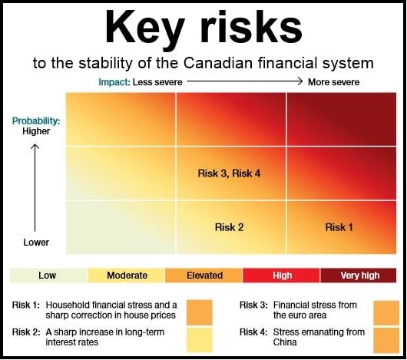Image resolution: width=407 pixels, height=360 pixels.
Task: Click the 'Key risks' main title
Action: click(x=203, y=28)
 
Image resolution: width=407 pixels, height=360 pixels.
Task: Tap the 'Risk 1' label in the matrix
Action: click(x=339, y=227)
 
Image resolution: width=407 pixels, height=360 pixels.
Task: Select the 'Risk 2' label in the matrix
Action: click(x=229, y=227)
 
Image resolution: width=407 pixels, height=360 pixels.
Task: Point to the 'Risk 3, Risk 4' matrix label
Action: click(x=229, y=173)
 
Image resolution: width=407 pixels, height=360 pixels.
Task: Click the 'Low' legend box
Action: click(x=48, y=276)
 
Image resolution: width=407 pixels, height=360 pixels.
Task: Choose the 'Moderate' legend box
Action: click(x=126, y=276)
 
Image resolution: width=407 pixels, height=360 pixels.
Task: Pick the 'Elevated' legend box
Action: click(x=203, y=276)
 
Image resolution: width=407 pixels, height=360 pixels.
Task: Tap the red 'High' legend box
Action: click(x=281, y=276)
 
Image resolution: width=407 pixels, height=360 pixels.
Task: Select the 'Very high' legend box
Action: click(x=359, y=276)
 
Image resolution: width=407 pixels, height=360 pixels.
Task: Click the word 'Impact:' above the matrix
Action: click(x=114, y=82)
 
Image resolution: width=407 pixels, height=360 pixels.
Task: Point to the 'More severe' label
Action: click(x=333, y=82)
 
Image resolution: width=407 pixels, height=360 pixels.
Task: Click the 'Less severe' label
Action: click(x=157, y=82)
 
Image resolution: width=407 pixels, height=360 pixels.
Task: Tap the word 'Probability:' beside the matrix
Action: click(x=36, y=121)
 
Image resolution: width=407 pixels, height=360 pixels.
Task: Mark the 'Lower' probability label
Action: click(x=36, y=243)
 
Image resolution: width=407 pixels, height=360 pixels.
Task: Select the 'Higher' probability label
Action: click(x=36, y=131)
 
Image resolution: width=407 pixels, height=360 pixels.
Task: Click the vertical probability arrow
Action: click(x=35, y=188)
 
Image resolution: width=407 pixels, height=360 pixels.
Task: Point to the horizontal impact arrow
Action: click(x=245, y=81)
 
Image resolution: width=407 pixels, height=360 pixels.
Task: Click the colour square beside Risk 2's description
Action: click(x=200, y=340)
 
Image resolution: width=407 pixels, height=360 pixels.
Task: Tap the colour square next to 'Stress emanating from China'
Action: click(x=386, y=340)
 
